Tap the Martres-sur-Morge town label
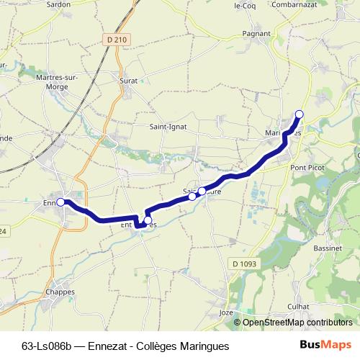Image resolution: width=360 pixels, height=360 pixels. coord(57,81)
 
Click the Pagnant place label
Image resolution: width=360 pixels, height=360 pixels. coord(256,33)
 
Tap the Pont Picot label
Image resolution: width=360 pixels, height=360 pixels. coord(306,167)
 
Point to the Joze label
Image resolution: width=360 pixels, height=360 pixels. coord(226,313)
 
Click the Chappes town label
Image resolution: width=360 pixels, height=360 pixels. coord(60,292)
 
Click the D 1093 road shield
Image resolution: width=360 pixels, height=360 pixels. coord(244,264)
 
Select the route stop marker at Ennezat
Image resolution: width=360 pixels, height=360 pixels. coord(60,202)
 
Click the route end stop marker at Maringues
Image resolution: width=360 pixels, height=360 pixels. coord(300,114)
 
